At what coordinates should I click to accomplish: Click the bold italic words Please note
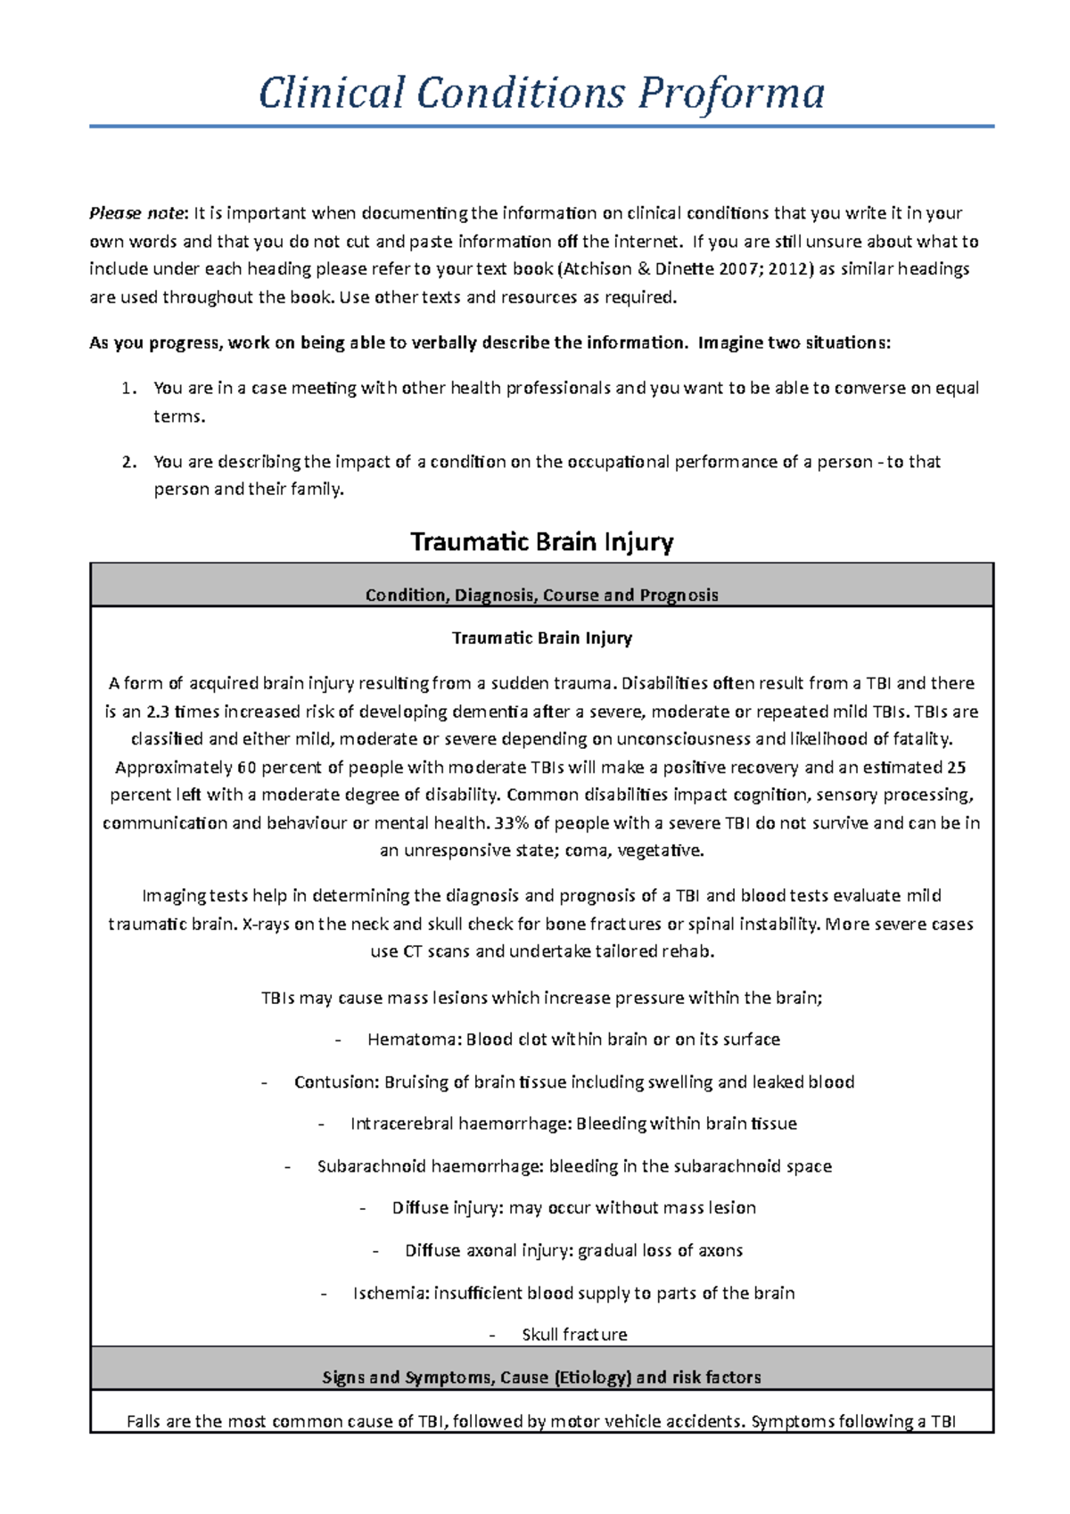click(x=136, y=213)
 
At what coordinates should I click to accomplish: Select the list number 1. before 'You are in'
click(x=128, y=389)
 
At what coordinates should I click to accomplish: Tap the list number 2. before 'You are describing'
click(x=128, y=462)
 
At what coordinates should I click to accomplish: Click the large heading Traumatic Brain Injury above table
click(x=541, y=542)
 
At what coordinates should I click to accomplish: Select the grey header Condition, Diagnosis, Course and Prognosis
click(x=541, y=595)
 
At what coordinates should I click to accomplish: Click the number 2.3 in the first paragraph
click(x=157, y=712)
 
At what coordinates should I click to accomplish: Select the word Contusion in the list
click(x=335, y=1082)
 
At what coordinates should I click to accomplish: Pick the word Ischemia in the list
click(x=390, y=1293)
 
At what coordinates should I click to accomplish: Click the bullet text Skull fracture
click(x=574, y=1335)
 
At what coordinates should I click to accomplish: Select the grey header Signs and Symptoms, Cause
click(x=541, y=1378)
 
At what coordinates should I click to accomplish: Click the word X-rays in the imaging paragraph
click(x=265, y=925)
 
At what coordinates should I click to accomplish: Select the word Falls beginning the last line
click(x=144, y=1421)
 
